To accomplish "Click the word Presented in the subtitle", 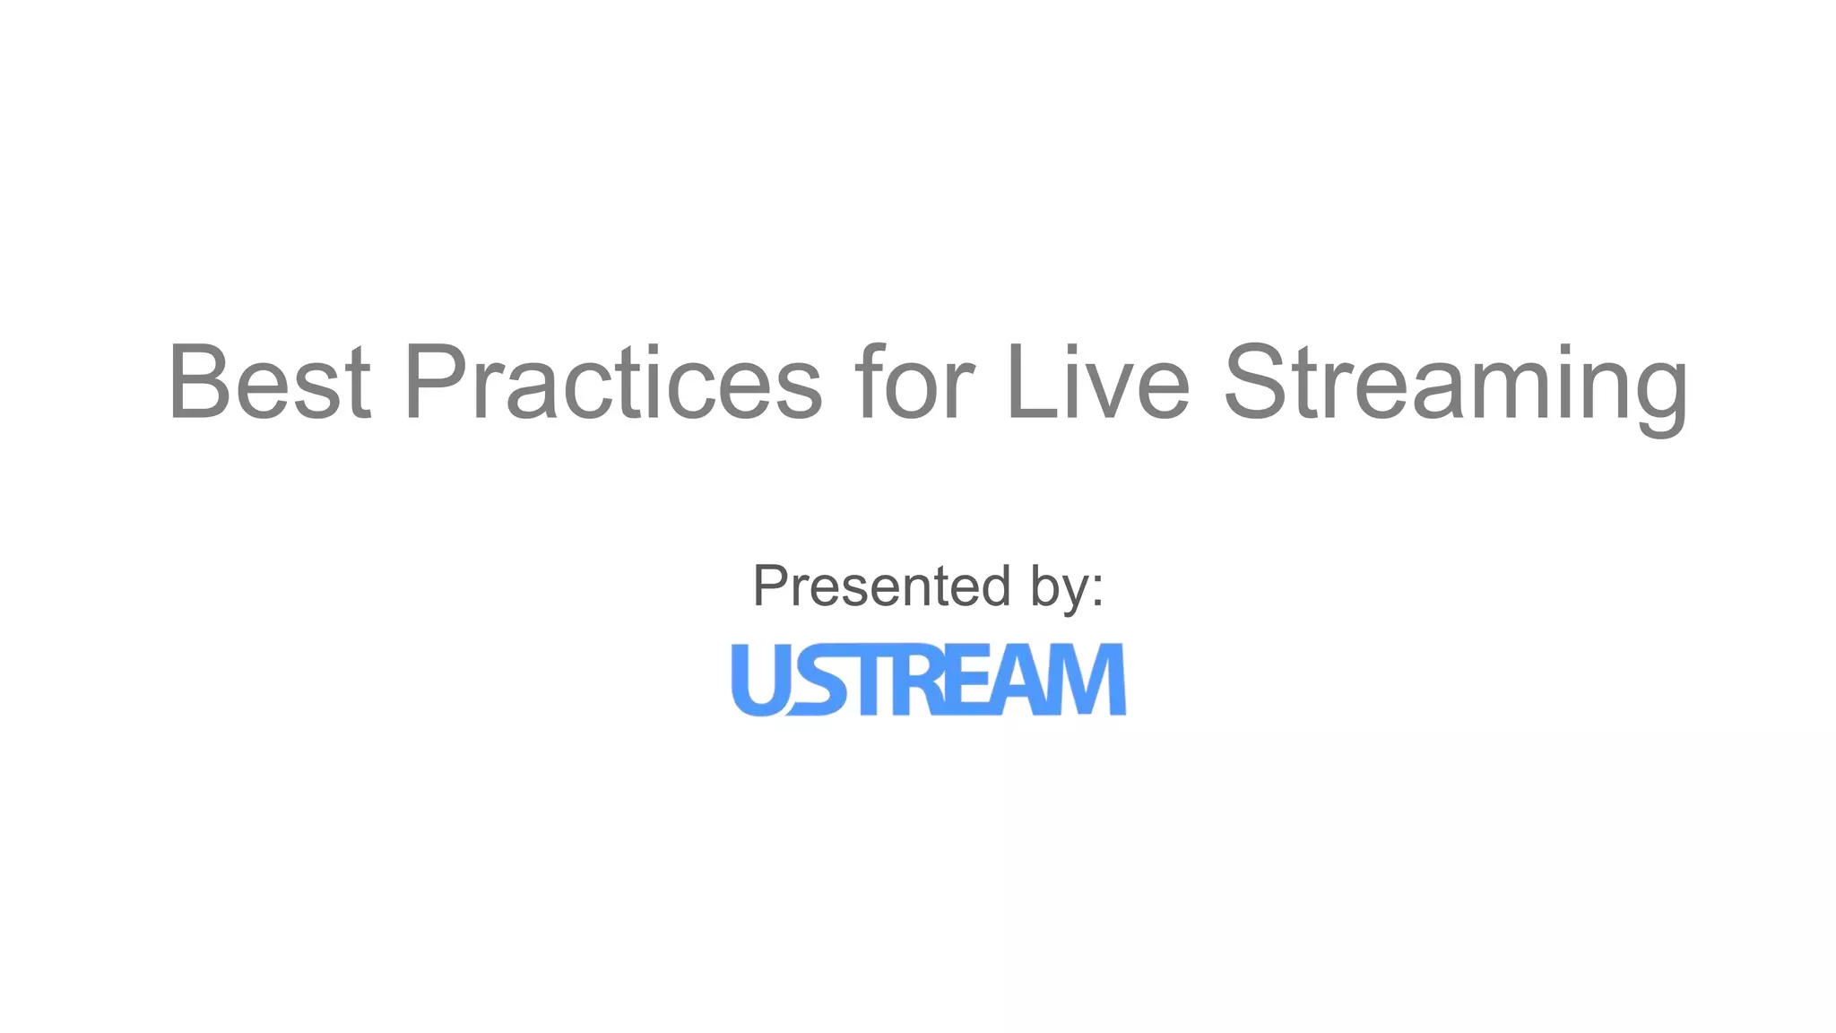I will point(881,586).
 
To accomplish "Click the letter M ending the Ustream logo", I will point(1087,680).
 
